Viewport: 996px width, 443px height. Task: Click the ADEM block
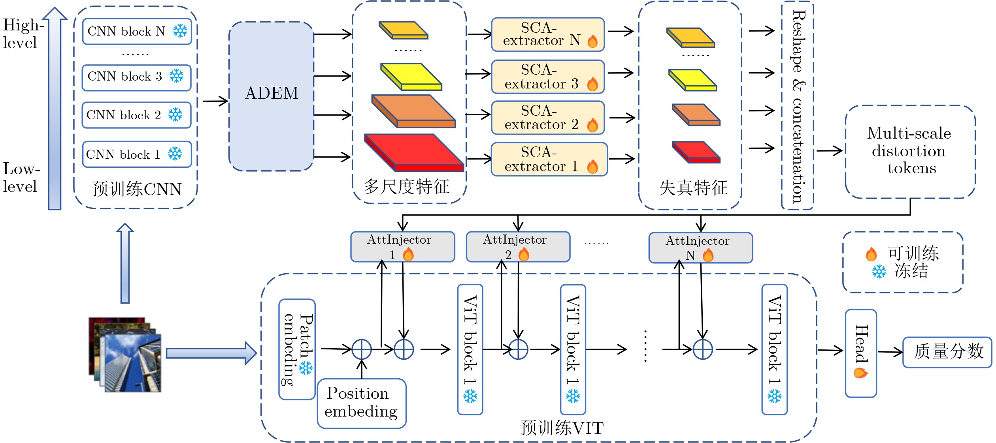point(272,96)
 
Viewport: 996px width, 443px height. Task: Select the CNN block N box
point(137,31)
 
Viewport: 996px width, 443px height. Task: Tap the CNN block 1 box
point(137,154)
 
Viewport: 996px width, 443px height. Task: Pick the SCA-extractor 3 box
point(548,77)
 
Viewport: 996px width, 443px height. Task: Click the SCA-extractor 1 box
point(549,159)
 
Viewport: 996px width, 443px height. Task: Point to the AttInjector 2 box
point(518,247)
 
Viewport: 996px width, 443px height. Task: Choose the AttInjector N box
point(700,248)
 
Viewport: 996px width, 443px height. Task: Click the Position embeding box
point(361,403)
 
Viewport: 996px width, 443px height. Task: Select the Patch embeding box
point(297,349)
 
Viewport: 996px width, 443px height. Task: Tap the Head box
point(861,353)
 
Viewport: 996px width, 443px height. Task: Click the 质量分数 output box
point(947,352)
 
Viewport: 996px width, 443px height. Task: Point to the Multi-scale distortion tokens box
point(910,152)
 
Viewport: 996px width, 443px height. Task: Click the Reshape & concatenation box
point(797,105)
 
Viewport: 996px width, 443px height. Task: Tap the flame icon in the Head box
point(860,373)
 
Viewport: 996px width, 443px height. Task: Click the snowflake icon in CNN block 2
point(175,115)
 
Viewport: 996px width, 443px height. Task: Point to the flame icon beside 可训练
point(871,254)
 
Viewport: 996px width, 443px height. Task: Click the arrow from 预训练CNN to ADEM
point(215,101)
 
